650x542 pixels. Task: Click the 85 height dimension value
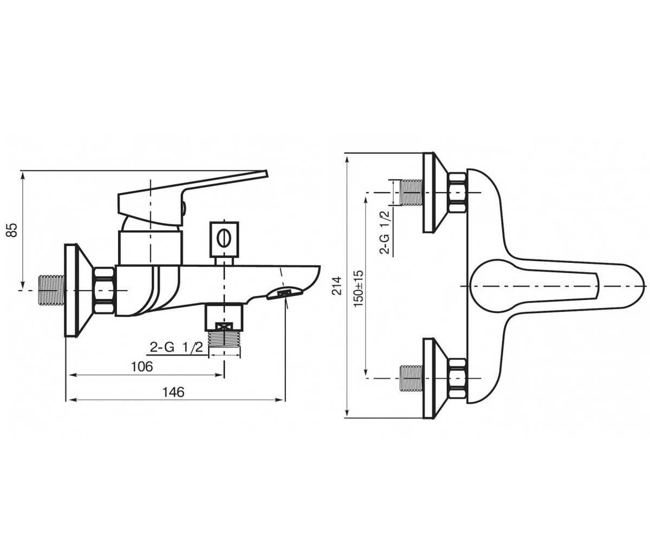tap(12, 230)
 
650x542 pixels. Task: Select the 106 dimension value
tap(142, 366)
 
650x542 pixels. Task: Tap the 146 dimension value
tap(173, 392)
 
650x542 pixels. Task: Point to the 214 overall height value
tap(337, 285)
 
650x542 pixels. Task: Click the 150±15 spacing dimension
tap(358, 288)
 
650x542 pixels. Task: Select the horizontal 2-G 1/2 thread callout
tap(176, 347)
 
